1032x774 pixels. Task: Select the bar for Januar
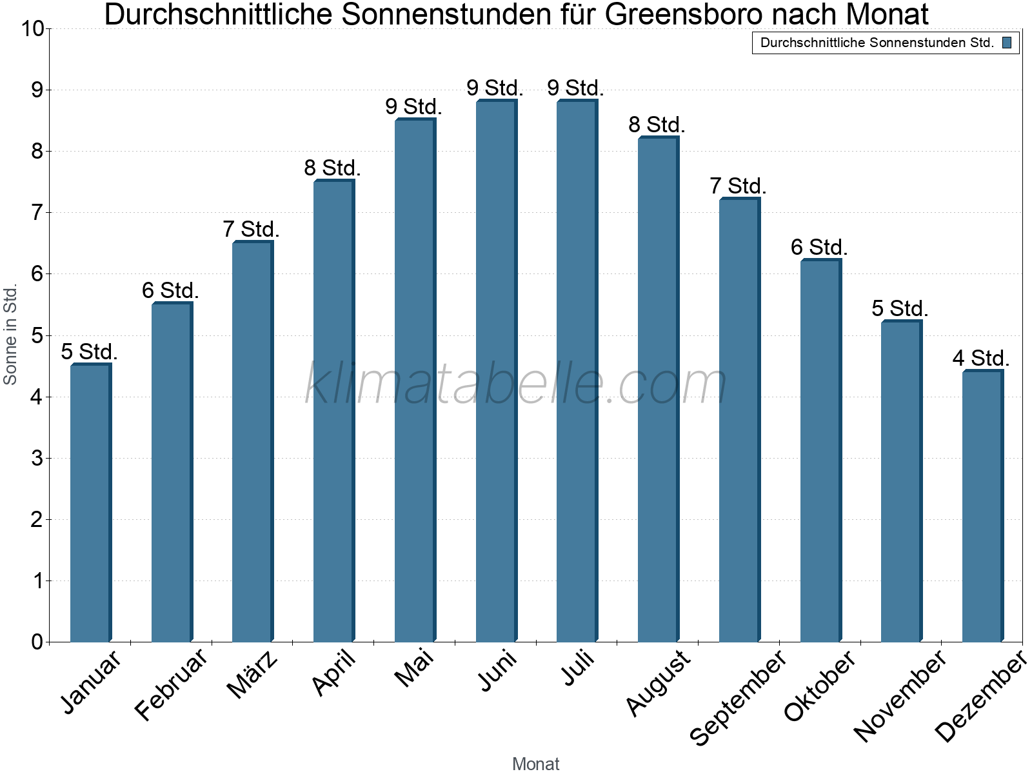pyautogui.click(x=90, y=503)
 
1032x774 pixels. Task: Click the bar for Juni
pyautogui.click(x=496, y=371)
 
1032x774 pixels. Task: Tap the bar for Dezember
pyautogui.click(x=982, y=506)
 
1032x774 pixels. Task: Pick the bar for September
pyautogui.click(x=739, y=419)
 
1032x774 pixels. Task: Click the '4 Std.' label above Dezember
pyautogui.click(x=980, y=358)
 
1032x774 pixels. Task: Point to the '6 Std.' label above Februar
pyautogui.click(x=170, y=290)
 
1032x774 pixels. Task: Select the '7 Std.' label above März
pyautogui.click(x=251, y=229)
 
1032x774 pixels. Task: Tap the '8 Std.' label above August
pyautogui.click(x=657, y=124)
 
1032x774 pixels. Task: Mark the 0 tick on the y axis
pyautogui.click(x=37, y=642)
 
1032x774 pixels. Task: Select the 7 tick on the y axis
pyautogui.click(x=37, y=212)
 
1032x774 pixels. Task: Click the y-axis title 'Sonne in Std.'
pyautogui.click(x=10, y=335)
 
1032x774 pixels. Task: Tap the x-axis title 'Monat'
pyautogui.click(x=535, y=764)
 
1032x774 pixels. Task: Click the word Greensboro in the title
pyautogui.click(x=684, y=14)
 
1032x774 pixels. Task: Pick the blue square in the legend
pyautogui.click(x=1007, y=43)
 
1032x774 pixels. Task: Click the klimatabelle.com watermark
pyautogui.click(x=516, y=384)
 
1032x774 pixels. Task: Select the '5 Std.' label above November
pyautogui.click(x=900, y=308)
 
